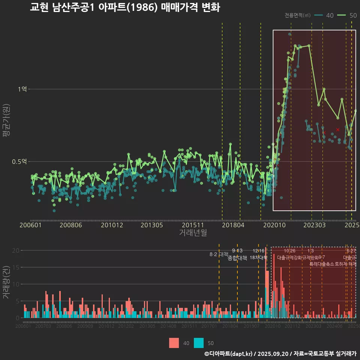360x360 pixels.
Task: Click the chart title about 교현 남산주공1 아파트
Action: pos(125,7)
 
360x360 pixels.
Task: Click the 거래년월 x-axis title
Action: pos(193,232)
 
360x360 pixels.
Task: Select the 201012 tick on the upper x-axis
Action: pos(111,225)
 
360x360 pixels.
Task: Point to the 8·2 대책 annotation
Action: pos(219,254)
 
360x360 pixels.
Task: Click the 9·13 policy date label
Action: pos(237,250)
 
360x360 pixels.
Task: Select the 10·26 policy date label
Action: pos(289,250)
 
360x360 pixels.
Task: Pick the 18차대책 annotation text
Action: pos(258,258)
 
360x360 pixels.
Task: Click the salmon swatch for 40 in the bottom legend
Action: pos(174,343)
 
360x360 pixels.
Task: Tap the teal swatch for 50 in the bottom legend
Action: pos(199,343)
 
